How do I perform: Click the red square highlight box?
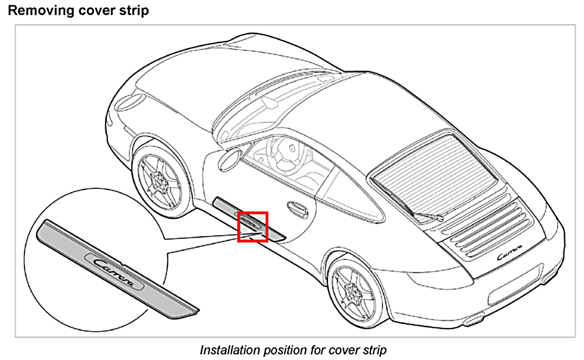[x=252, y=227]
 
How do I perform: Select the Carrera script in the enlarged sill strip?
[x=115, y=272]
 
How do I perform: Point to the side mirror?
[x=229, y=160]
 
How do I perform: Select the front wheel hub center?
[x=159, y=181]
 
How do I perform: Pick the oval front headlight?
[x=131, y=102]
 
